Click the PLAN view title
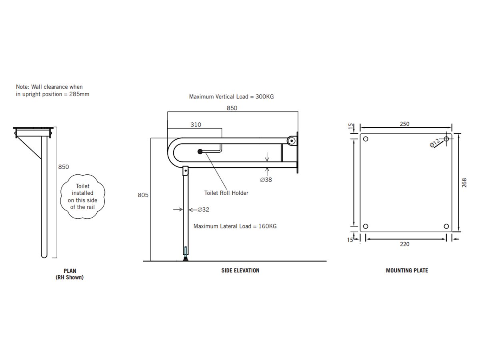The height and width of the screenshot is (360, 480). coord(70,271)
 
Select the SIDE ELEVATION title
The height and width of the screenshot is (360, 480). coord(240,271)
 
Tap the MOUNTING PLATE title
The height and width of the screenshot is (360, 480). coord(407,271)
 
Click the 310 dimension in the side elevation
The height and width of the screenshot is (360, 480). coord(196,125)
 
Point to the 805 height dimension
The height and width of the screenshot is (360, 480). coord(143,195)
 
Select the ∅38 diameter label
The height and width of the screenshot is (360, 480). coord(266,180)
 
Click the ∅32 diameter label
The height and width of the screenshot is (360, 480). coord(203,209)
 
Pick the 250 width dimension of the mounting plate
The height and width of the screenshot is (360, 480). coord(404,124)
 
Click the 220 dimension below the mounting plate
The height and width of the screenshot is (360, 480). coord(404,244)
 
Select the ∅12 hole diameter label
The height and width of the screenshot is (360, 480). coord(435,142)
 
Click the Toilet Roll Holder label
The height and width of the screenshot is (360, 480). coord(226,193)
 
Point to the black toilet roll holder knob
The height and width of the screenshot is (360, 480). coord(200,152)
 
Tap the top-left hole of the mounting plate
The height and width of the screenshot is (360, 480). coord(366,140)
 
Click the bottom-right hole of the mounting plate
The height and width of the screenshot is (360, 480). coord(446,226)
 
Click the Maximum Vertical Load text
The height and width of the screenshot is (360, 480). coord(231,97)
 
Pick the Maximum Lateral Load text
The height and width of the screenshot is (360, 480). coord(235,226)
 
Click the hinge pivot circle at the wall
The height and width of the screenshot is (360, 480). coord(292,141)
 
